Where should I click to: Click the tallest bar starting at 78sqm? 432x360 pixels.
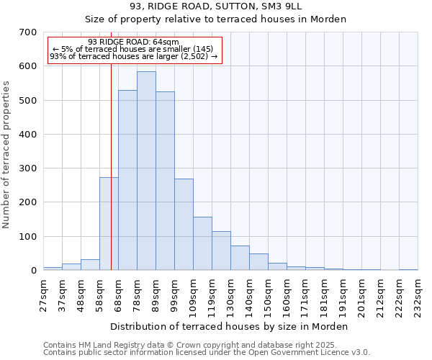tap(146, 171)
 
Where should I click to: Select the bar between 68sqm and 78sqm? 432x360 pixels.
tap(127, 180)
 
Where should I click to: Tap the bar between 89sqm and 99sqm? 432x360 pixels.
tap(165, 181)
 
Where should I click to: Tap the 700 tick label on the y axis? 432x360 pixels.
tap(28, 32)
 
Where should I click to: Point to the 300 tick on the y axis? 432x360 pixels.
tap(28, 168)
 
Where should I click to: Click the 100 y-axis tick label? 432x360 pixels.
tap(28, 237)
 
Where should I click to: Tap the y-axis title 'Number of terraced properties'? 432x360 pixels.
tap(7, 155)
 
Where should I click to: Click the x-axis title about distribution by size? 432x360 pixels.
tap(230, 327)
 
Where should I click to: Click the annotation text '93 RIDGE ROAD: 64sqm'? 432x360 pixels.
tap(133, 42)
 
